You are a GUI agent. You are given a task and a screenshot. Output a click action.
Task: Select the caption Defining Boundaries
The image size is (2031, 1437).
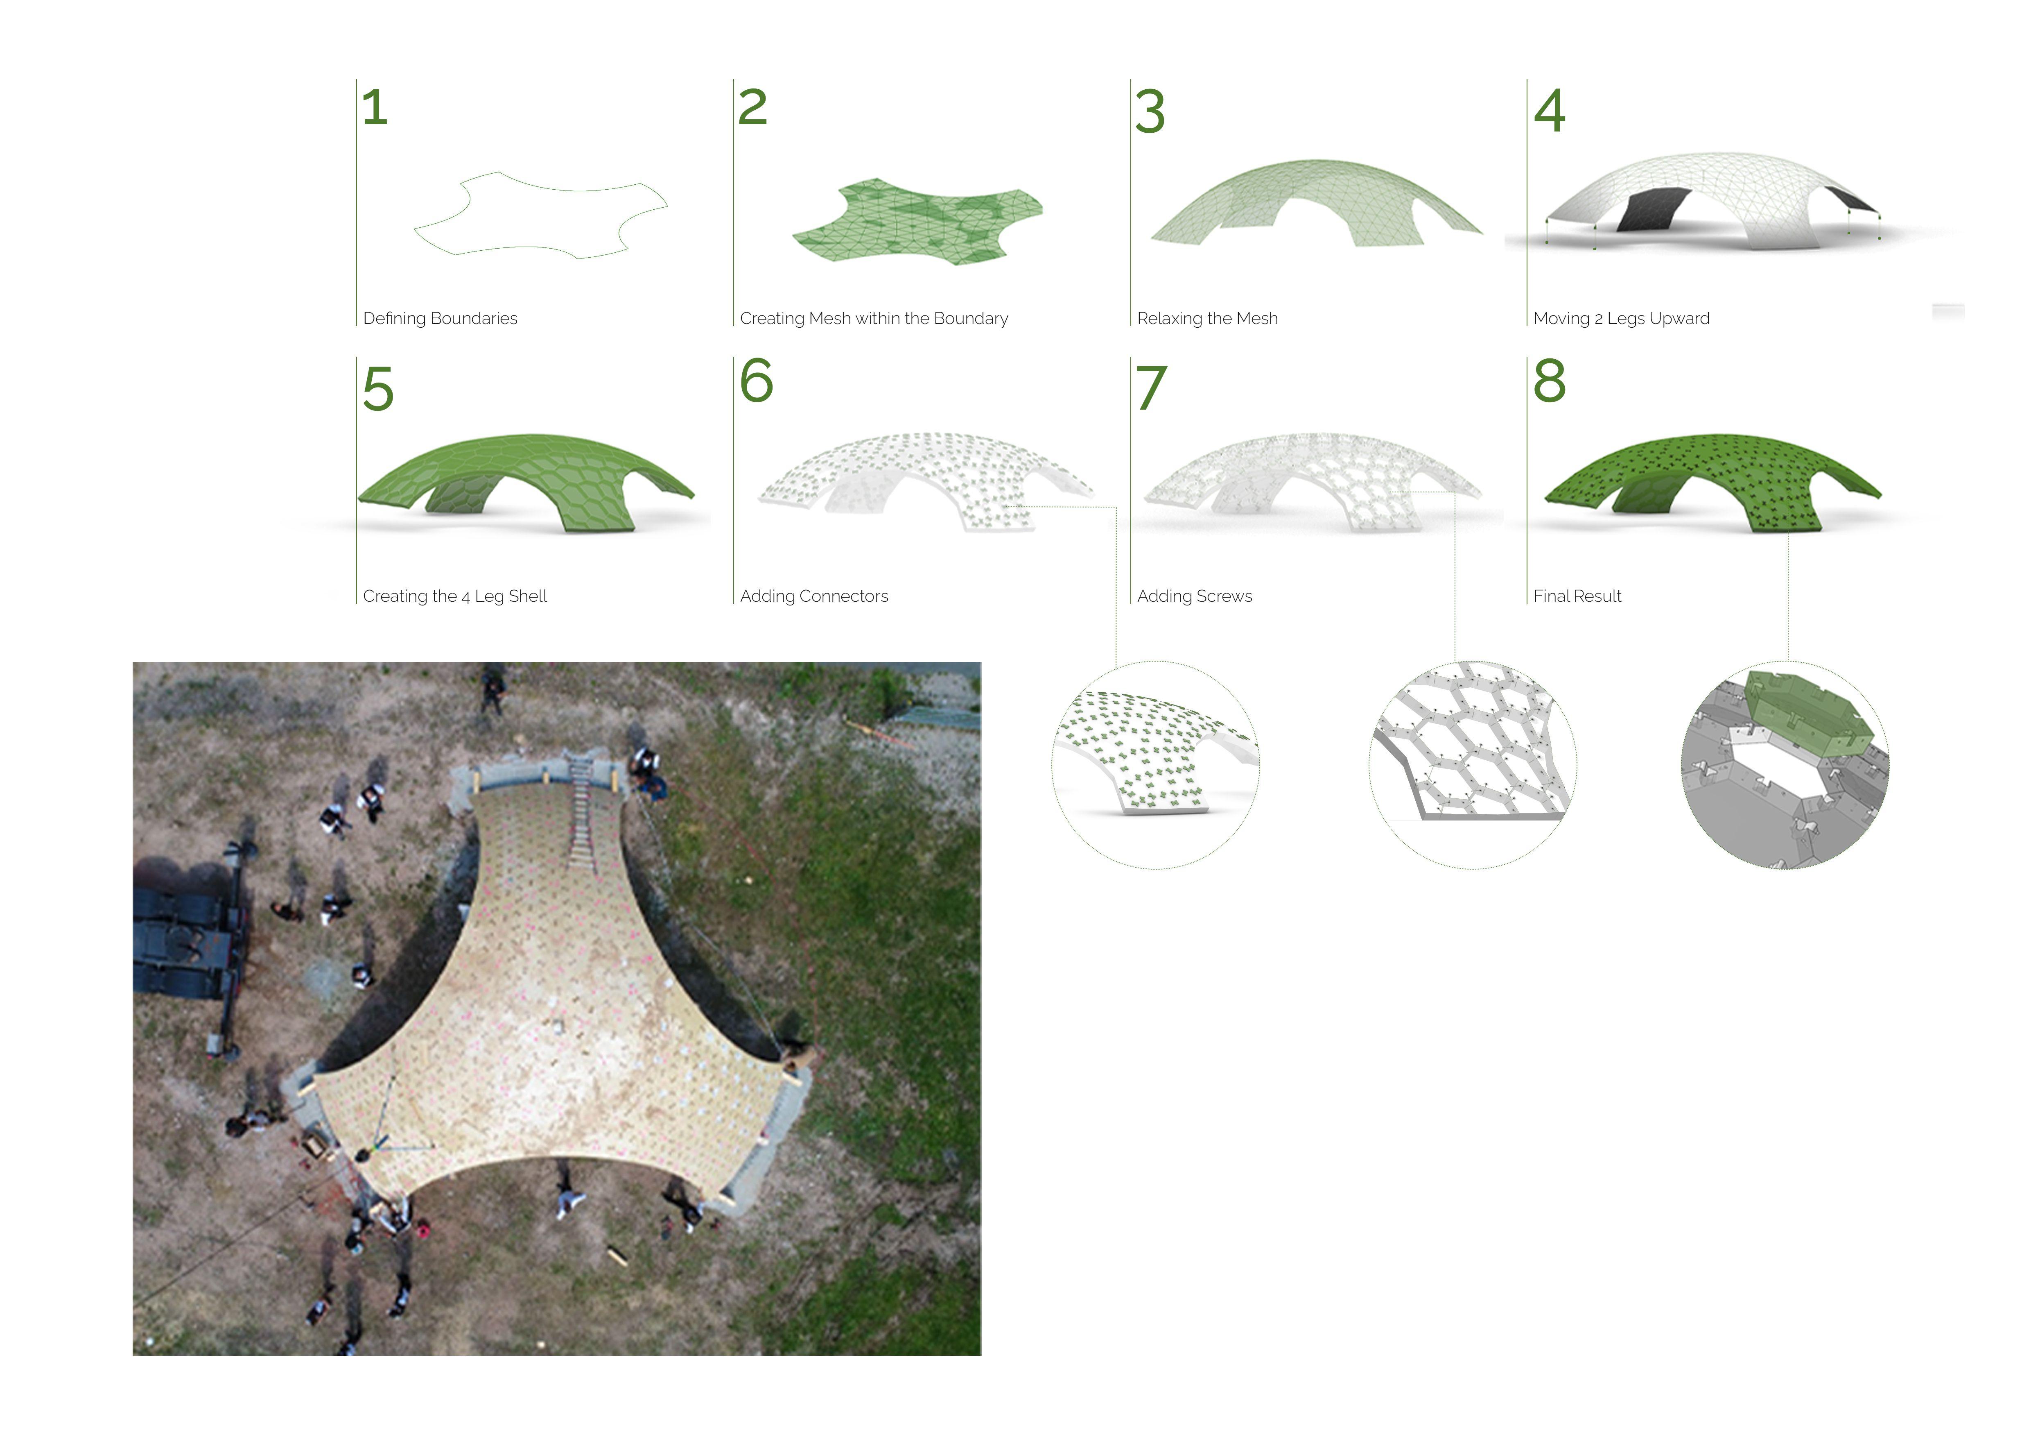point(440,319)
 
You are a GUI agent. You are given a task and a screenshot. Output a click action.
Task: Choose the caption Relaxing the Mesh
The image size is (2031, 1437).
point(1207,319)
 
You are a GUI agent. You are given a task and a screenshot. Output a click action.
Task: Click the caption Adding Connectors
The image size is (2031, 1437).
point(814,596)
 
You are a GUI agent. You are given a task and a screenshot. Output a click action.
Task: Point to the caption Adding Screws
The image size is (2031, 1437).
point(1194,596)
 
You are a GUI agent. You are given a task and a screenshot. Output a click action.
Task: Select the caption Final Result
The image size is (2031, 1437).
point(1577,596)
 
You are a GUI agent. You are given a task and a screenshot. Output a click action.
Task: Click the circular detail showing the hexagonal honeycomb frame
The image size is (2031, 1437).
point(1473,764)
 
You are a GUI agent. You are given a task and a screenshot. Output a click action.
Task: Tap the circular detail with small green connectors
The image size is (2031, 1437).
point(1155,764)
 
